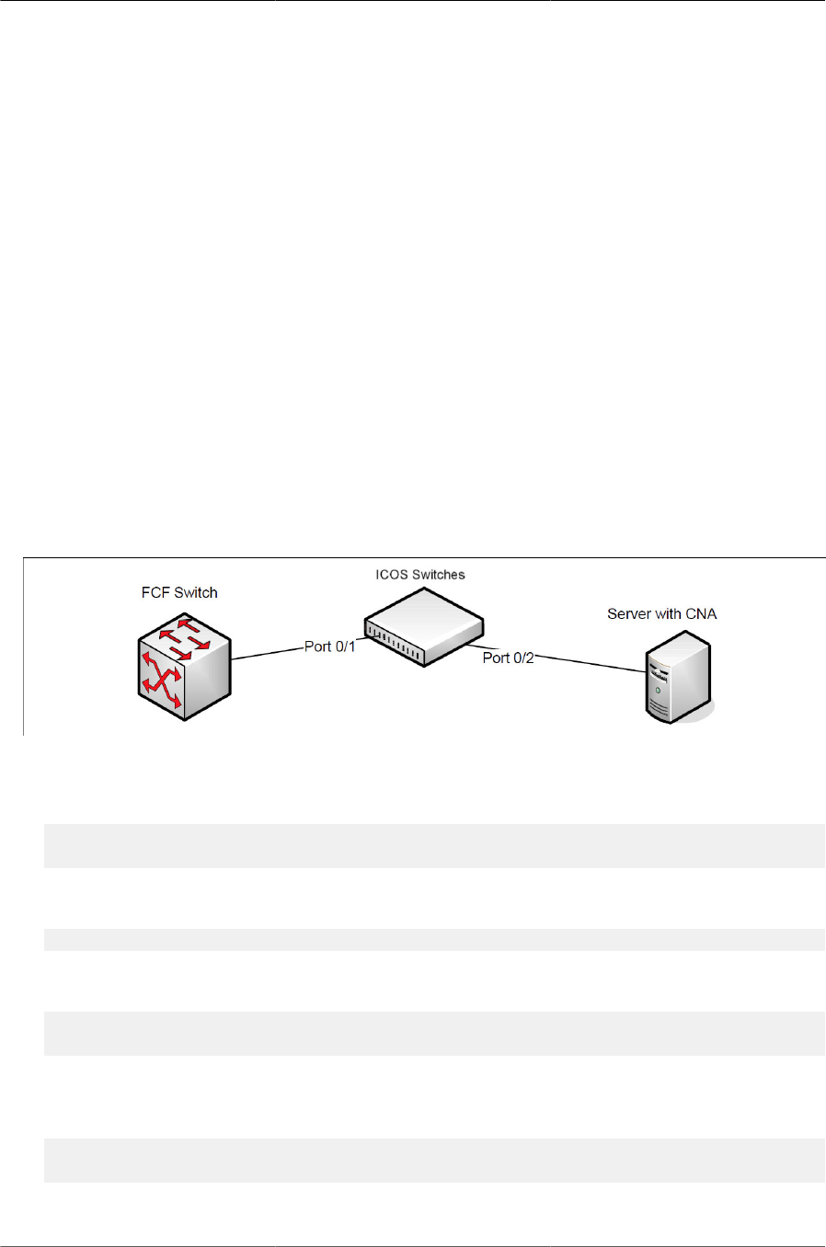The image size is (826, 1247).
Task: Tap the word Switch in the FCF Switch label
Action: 196,593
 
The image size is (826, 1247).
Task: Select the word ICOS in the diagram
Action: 391,575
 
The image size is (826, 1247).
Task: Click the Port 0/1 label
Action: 329,646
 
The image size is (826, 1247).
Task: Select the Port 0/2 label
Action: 508,658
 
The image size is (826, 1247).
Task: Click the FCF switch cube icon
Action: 184,667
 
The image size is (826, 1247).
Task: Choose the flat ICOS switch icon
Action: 423,625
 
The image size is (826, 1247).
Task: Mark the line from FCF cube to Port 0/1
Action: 267,653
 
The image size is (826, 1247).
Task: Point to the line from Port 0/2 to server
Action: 589,664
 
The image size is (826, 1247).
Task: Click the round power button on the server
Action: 657,689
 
